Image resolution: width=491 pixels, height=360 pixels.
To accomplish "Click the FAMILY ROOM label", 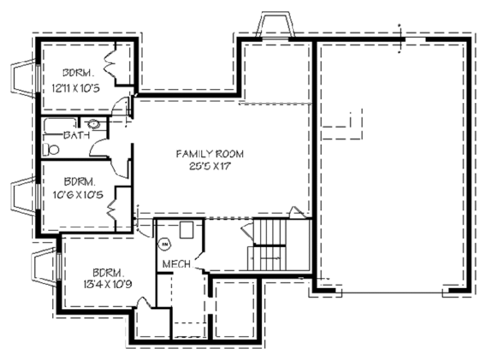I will [210, 154].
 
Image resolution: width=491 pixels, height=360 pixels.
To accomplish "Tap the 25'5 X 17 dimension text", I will [210, 166].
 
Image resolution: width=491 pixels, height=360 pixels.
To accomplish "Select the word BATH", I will [76, 136].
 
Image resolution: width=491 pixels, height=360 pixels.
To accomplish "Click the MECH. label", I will [178, 264].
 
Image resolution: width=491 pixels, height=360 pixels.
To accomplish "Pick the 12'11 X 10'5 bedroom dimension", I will [76, 88].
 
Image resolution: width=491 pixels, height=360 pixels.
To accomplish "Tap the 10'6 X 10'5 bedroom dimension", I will [77, 195].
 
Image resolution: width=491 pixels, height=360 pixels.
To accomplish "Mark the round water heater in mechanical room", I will [164, 244].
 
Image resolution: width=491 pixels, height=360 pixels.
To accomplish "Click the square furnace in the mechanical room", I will [187, 230].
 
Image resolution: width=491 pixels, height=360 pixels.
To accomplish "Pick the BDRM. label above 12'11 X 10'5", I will [76, 74].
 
